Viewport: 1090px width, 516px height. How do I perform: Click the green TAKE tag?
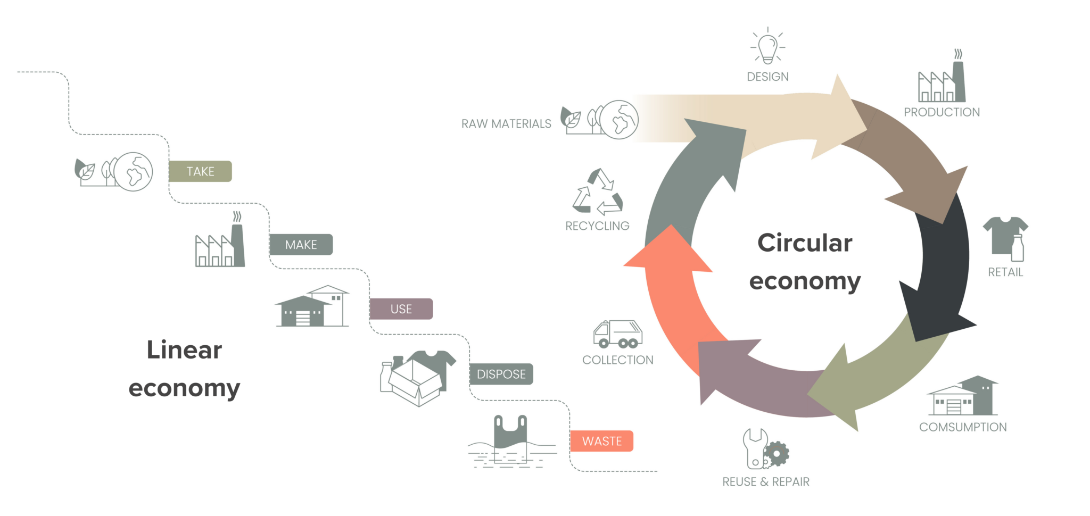click(x=200, y=171)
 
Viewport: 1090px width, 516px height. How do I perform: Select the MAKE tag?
click(x=301, y=245)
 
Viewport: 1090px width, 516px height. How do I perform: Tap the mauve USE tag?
click(x=401, y=309)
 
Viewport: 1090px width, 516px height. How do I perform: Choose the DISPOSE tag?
click(x=501, y=374)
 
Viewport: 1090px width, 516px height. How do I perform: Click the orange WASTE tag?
click(x=601, y=441)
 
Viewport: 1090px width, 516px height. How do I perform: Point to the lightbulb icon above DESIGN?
click(x=767, y=47)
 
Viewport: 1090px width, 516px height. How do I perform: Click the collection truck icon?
click(x=617, y=334)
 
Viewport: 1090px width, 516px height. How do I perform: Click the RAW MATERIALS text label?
click(x=506, y=124)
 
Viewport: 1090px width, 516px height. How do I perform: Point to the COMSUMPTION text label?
click(x=963, y=427)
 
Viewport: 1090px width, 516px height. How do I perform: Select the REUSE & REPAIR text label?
click(x=766, y=482)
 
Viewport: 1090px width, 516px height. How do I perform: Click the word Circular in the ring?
click(x=805, y=243)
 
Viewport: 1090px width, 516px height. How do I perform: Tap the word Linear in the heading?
click(x=184, y=350)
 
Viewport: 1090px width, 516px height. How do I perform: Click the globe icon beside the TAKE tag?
click(x=134, y=172)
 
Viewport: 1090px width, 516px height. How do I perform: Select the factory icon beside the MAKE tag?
click(x=220, y=245)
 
